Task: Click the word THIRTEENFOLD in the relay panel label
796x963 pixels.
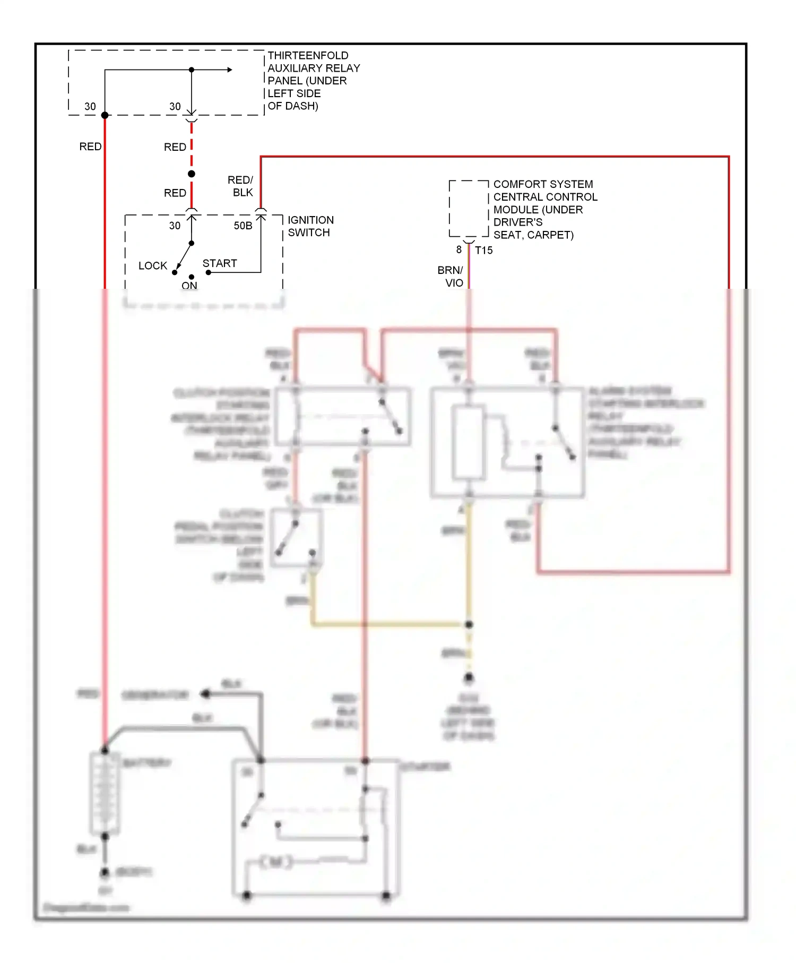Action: (x=308, y=56)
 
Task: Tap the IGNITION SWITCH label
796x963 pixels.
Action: (x=310, y=226)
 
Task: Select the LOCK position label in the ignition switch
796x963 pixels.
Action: (x=152, y=265)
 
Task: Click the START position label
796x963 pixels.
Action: (x=220, y=263)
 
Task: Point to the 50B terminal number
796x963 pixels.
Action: (x=243, y=226)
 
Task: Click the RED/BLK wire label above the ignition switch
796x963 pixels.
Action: (x=240, y=186)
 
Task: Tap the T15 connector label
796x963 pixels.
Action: (x=483, y=250)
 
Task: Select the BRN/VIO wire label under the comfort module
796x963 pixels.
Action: (x=451, y=277)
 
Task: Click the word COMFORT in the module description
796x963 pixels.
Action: (x=514, y=184)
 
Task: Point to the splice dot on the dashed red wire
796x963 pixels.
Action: (x=192, y=174)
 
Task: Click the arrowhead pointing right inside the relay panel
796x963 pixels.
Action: (x=229, y=70)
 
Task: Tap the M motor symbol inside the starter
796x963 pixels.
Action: (x=276, y=862)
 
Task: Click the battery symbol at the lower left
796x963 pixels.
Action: (x=105, y=793)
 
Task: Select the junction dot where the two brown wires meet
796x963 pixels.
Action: (x=469, y=624)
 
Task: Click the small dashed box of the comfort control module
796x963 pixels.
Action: (x=469, y=209)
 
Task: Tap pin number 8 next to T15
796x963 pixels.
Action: (x=459, y=250)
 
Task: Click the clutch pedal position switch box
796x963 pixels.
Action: (x=296, y=538)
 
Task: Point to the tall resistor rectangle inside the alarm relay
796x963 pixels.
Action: (x=469, y=442)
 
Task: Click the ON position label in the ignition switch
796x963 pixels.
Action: (x=189, y=286)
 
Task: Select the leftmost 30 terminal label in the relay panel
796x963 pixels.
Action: (x=90, y=107)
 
